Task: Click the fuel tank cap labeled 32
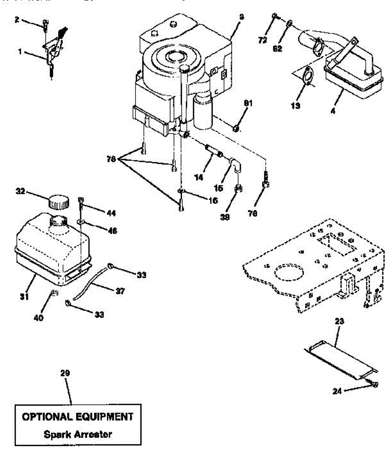[59, 202]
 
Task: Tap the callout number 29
[65, 373]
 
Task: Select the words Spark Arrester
[78, 434]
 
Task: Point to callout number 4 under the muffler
[333, 112]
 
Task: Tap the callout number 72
[263, 40]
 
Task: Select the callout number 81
[248, 103]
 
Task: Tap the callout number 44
[111, 213]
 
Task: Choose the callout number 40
[38, 317]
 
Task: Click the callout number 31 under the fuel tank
[24, 297]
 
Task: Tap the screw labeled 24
[375, 384]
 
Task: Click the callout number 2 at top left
[17, 19]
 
